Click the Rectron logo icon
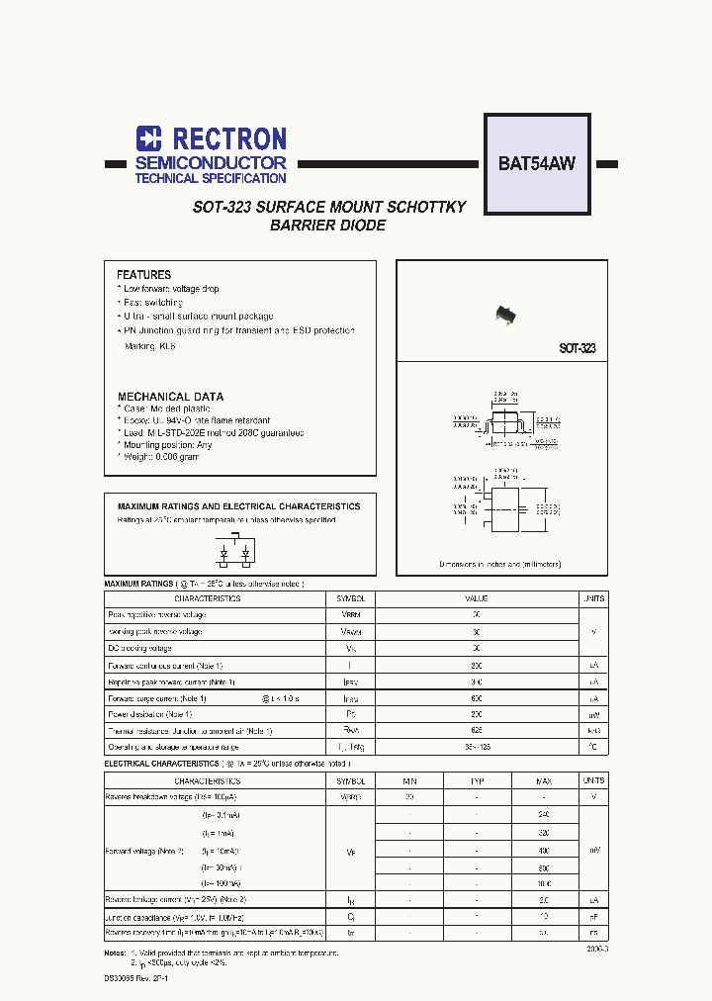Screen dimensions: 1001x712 tap(148, 138)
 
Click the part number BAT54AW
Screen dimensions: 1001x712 tap(536, 164)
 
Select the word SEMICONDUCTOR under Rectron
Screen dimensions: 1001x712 tap(211, 162)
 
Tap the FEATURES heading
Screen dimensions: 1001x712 tap(143, 275)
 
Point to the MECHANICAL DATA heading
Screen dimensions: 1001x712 tap(170, 397)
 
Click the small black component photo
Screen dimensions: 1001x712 tap(506, 315)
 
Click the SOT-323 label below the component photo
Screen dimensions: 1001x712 tap(577, 349)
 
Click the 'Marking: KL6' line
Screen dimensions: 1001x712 tap(149, 346)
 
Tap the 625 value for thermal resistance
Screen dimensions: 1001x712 tap(477, 731)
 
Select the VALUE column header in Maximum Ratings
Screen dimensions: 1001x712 tap(477, 598)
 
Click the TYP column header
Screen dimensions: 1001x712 tap(477, 780)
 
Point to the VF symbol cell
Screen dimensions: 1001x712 tap(351, 849)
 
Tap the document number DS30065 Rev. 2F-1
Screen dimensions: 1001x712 tap(137, 977)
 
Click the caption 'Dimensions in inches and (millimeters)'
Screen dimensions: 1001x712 tap(500, 564)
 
